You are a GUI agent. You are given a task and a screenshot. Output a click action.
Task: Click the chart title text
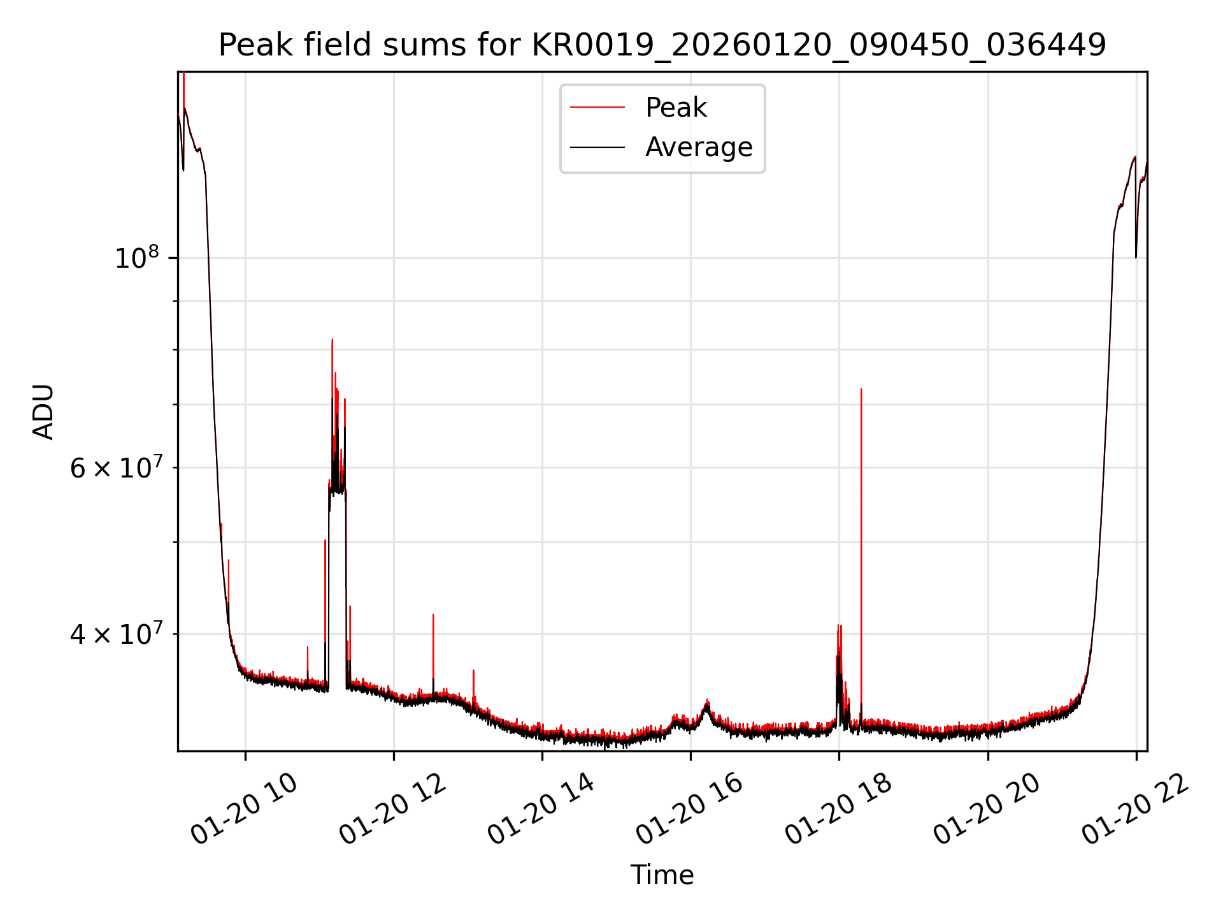(x=662, y=45)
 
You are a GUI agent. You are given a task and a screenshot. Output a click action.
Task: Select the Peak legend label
(x=676, y=108)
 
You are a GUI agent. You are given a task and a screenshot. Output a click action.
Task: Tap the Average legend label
(x=699, y=147)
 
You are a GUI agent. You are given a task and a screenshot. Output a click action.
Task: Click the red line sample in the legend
(x=597, y=108)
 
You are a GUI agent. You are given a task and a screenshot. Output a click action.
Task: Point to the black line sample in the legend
(x=597, y=147)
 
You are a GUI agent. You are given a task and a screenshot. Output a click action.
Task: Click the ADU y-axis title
(x=43, y=412)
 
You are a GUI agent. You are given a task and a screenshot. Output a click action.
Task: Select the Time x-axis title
(x=662, y=875)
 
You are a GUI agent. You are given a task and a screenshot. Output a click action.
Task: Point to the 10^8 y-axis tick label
(x=137, y=258)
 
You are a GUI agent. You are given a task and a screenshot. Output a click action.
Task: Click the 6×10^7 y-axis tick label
(x=115, y=468)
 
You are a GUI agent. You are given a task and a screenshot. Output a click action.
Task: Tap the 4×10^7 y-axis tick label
(x=115, y=634)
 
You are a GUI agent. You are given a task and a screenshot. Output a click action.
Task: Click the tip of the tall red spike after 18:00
(x=861, y=390)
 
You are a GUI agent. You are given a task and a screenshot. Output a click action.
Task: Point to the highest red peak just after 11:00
(x=333, y=340)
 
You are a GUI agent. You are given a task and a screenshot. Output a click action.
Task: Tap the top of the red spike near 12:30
(x=433, y=615)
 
